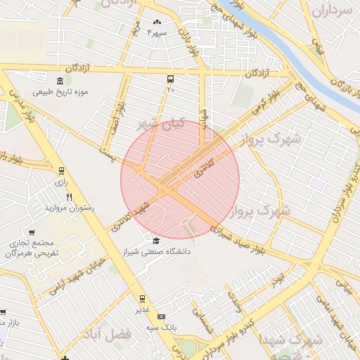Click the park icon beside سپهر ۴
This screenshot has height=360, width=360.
[x=155, y=22]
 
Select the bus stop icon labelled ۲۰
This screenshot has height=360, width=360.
[x=171, y=79]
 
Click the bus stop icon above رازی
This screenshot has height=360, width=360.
[x=61, y=171]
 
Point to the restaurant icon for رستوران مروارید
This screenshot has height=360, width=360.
[x=69, y=197]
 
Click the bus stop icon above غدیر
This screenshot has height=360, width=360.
[x=143, y=299]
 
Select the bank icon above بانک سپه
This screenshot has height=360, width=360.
[x=162, y=317]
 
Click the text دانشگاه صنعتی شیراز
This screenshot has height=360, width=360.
[x=157, y=251]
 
